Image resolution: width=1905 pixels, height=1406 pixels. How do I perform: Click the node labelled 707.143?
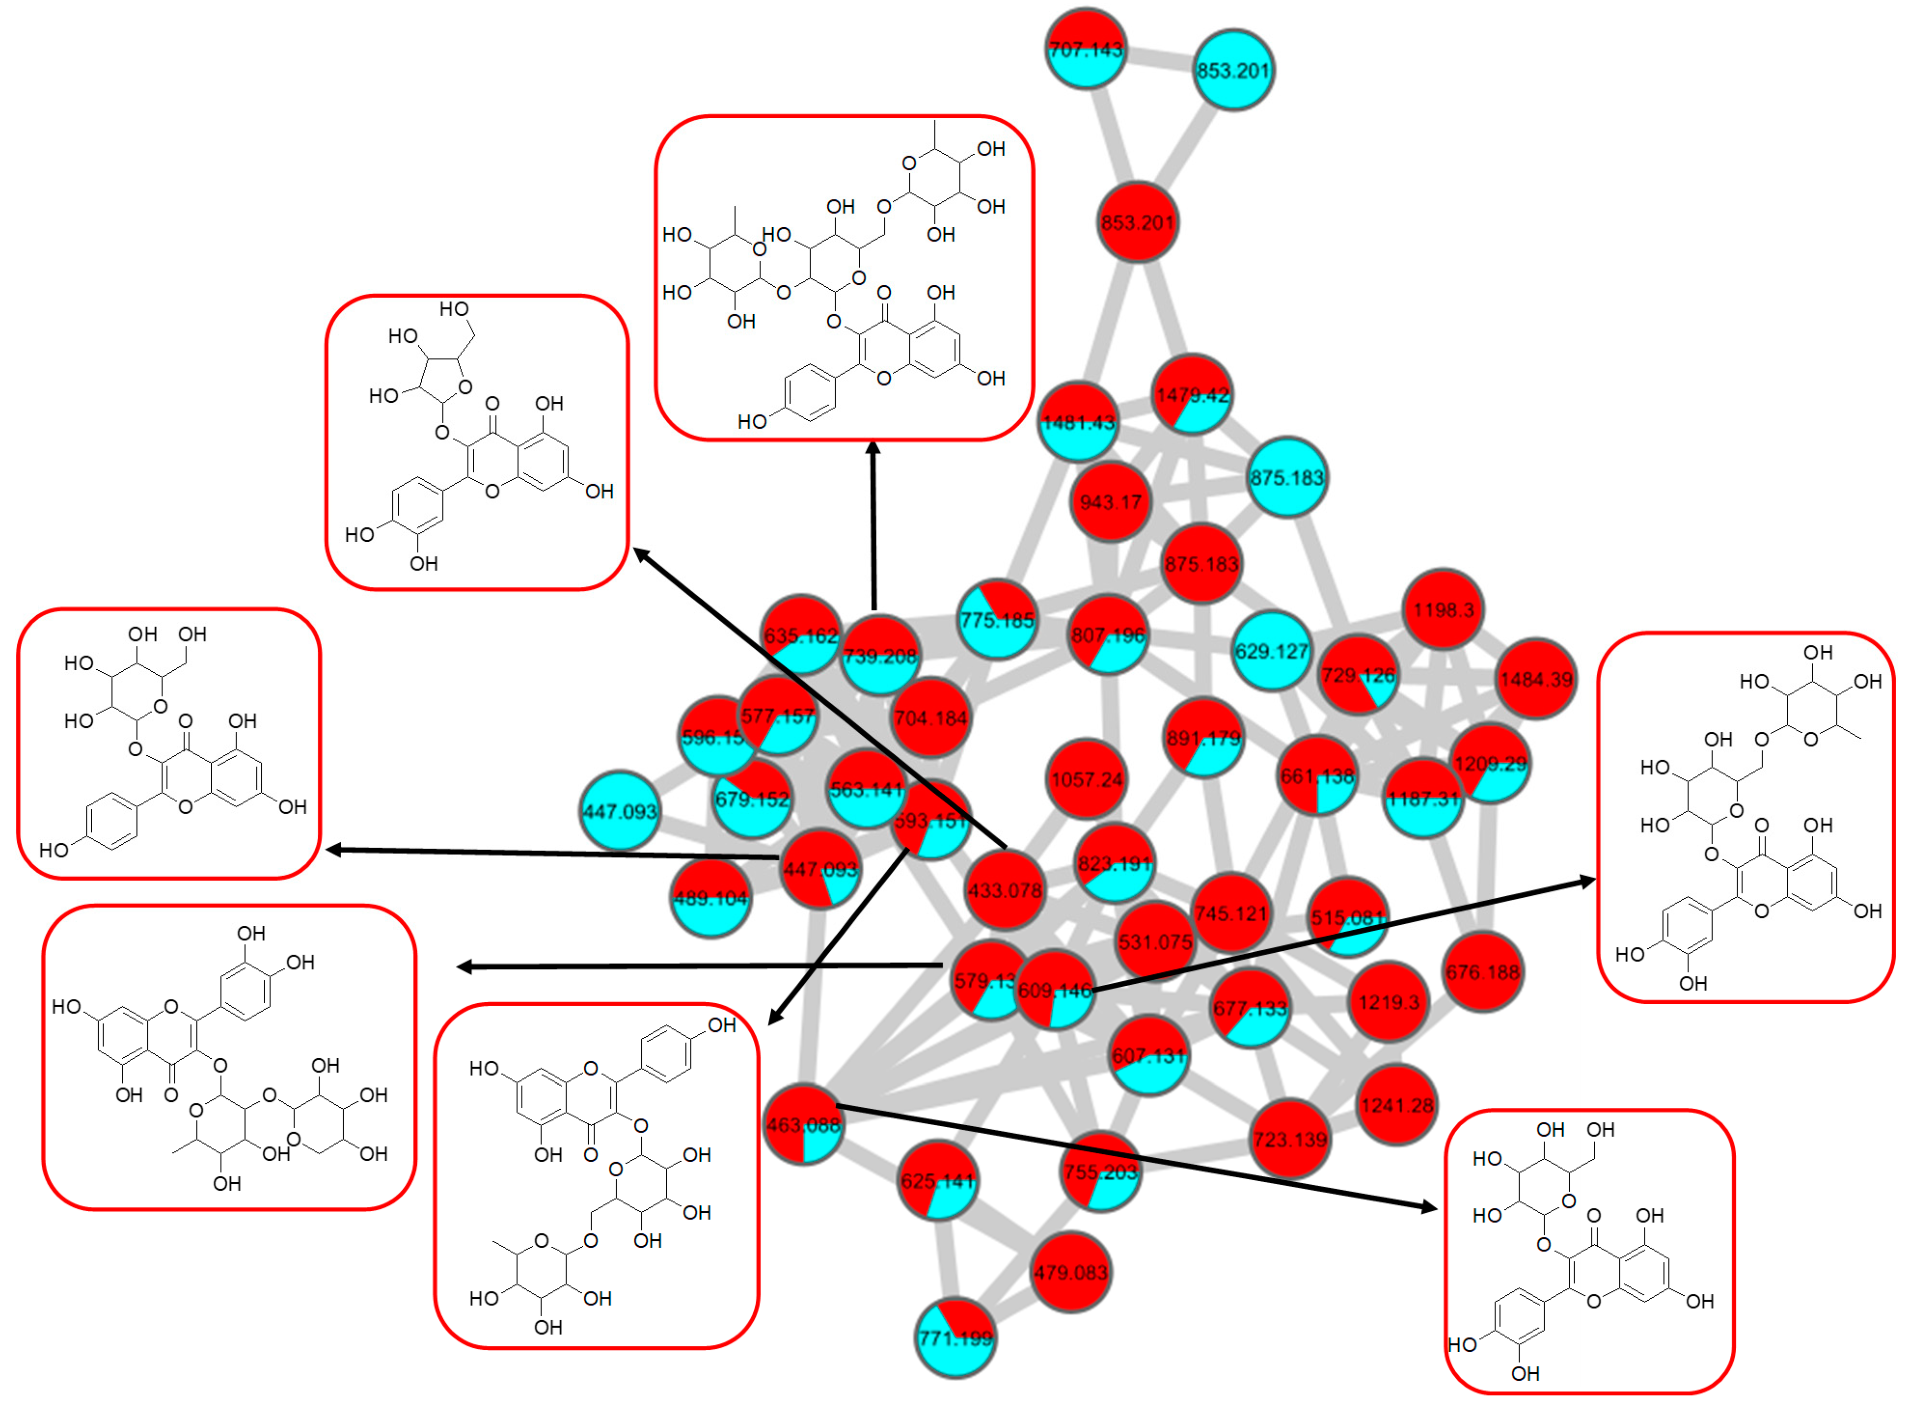pos(1086,49)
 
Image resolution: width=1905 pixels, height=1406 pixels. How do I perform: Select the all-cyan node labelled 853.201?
pos(1233,70)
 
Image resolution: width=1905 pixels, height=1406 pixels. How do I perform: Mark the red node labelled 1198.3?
pos(1443,609)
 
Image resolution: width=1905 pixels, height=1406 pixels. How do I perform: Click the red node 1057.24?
pos(1087,779)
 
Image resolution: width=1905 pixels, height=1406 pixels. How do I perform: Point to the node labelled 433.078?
pos(1005,890)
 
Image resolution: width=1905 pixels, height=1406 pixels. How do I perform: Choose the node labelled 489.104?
pos(710,898)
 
